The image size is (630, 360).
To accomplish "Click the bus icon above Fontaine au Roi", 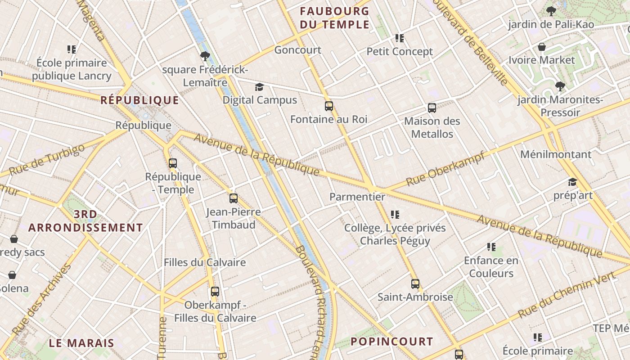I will click(x=329, y=106).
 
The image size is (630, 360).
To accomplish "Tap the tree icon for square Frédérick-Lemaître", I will click(x=205, y=56).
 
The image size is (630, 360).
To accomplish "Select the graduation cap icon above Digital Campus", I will click(x=260, y=87).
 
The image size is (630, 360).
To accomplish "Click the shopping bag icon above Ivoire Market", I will click(x=542, y=47).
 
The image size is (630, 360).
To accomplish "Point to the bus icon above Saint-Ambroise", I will click(x=415, y=284).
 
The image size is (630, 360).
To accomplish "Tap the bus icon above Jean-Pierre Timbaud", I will click(x=233, y=198).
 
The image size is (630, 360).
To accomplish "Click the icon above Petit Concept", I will click(x=399, y=38).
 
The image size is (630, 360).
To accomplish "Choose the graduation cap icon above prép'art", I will click(x=572, y=182).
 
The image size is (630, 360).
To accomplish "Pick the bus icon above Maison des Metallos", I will click(x=432, y=108).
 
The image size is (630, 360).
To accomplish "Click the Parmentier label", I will click(x=357, y=197).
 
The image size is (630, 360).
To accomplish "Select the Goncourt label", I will click(x=298, y=50).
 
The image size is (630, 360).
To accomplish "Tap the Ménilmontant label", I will click(x=556, y=154).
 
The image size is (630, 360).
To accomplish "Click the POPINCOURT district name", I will click(x=391, y=342).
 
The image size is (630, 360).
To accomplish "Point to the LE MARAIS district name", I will click(x=81, y=343).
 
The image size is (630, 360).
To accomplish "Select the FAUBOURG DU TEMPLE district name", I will click(x=334, y=18).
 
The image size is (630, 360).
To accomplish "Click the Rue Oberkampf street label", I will click(x=445, y=169).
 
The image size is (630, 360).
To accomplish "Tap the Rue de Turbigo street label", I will click(x=47, y=160).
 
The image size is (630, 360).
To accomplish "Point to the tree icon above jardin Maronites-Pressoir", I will click(x=560, y=86).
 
